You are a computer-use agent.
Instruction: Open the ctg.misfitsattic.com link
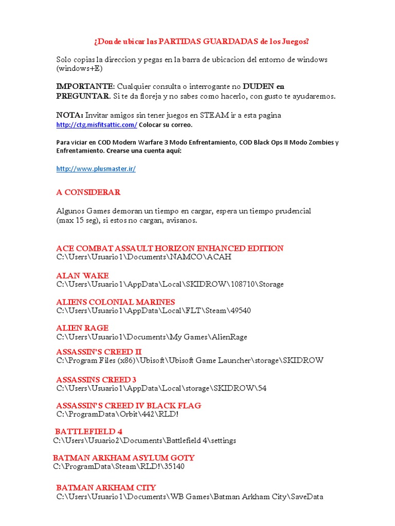point(96,125)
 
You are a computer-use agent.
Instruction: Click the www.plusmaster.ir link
point(96,168)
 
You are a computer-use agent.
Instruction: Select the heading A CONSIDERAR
point(88,192)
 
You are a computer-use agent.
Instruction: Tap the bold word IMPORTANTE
point(84,86)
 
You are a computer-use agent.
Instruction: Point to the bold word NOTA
point(69,115)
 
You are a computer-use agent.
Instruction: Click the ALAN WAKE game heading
point(82,275)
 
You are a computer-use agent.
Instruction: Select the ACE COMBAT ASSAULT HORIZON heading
point(170,248)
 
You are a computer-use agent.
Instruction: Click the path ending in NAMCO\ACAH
point(143,257)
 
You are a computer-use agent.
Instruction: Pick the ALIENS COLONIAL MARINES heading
point(115,302)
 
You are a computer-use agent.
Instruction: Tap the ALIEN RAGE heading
point(82,328)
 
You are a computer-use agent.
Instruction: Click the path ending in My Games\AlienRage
point(152,337)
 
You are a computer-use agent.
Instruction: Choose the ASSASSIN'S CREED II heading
point(99,351)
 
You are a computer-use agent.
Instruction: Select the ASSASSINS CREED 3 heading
point(96,379)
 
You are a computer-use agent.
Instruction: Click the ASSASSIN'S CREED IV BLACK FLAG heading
point(129,405)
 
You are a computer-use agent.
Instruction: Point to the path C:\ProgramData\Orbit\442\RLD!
point(117,415)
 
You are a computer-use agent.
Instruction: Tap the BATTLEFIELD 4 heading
point(88,431)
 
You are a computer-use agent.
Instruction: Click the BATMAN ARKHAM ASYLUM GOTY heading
point(123,457)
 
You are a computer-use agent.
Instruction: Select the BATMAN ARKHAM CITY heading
point(106,487)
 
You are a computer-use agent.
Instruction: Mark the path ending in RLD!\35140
point(118,466)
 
